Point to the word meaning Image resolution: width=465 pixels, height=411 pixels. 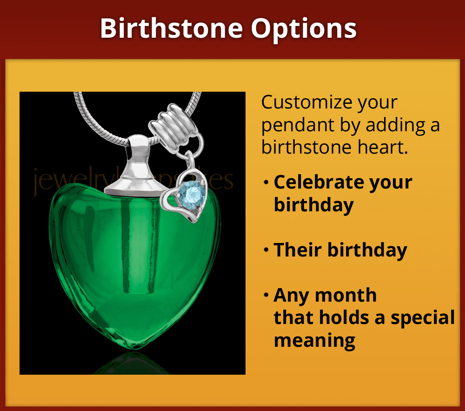click(x=314, y=340)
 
